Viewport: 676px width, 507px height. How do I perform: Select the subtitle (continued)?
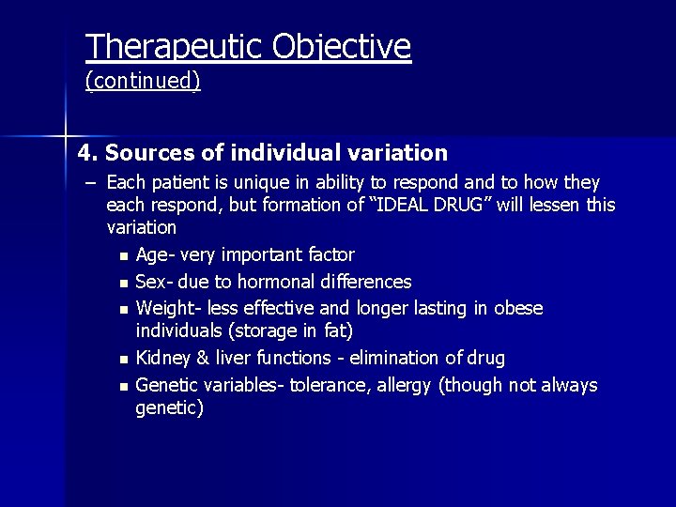[143, 82]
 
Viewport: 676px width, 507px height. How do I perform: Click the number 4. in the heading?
[88, 152]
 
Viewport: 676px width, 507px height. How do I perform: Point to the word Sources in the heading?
[146, 152]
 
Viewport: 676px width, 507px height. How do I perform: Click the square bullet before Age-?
[124, 256]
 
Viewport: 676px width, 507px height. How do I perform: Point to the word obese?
[520, 308]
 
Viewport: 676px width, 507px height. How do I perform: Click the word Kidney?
[162, 358]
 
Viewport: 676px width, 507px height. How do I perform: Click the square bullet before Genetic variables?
[124, 387]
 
